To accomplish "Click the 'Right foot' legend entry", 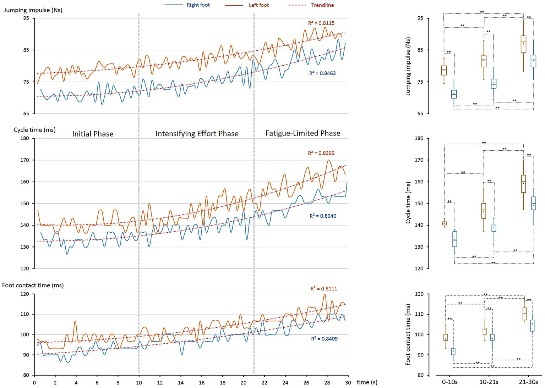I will tap(198, 5).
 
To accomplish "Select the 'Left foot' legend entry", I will tap(258, 5).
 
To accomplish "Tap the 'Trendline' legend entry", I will tap(322, 5).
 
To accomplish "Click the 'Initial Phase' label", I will tap(93, 134).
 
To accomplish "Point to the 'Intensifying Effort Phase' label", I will tap(197, 134).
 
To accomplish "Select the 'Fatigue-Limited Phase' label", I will tap(303, 133).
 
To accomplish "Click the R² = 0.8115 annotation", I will tap(321, 23).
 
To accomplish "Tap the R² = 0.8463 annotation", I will tap(322, 73).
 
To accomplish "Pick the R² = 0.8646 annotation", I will tap(323, 216).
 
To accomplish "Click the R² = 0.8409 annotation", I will tap(324, 339).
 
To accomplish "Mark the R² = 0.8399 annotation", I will tap(321, 153).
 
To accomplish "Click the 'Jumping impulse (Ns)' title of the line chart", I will tap(33, 10).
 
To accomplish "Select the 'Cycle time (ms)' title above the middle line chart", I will tap(35, 130).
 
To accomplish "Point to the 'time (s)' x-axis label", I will tap(367, 382).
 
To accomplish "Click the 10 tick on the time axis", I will tap(139, 383).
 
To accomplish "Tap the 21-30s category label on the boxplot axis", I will tap(528, 382).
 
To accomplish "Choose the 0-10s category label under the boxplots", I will tap(450, 382).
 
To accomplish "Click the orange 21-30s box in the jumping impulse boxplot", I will tap(523, 44).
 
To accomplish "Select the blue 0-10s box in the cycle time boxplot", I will tap(454, 239).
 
